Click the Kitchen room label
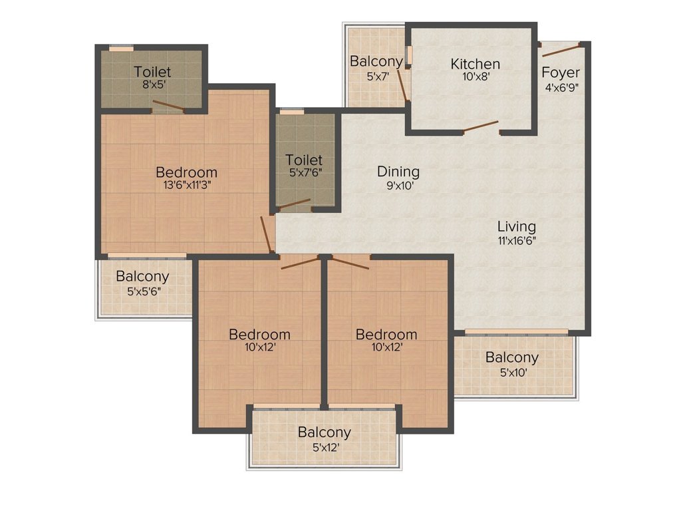coord(475,65)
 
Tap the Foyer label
coord(560,73)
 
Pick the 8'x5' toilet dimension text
coord(152,85)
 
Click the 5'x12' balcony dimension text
coord(324,447)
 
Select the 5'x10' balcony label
coord(511,358)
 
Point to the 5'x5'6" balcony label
coord(142,277)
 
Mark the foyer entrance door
coord(561,50)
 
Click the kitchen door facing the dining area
coord(480,126)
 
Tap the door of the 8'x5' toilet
coord(168,105)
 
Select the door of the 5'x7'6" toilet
coord(293,204)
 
